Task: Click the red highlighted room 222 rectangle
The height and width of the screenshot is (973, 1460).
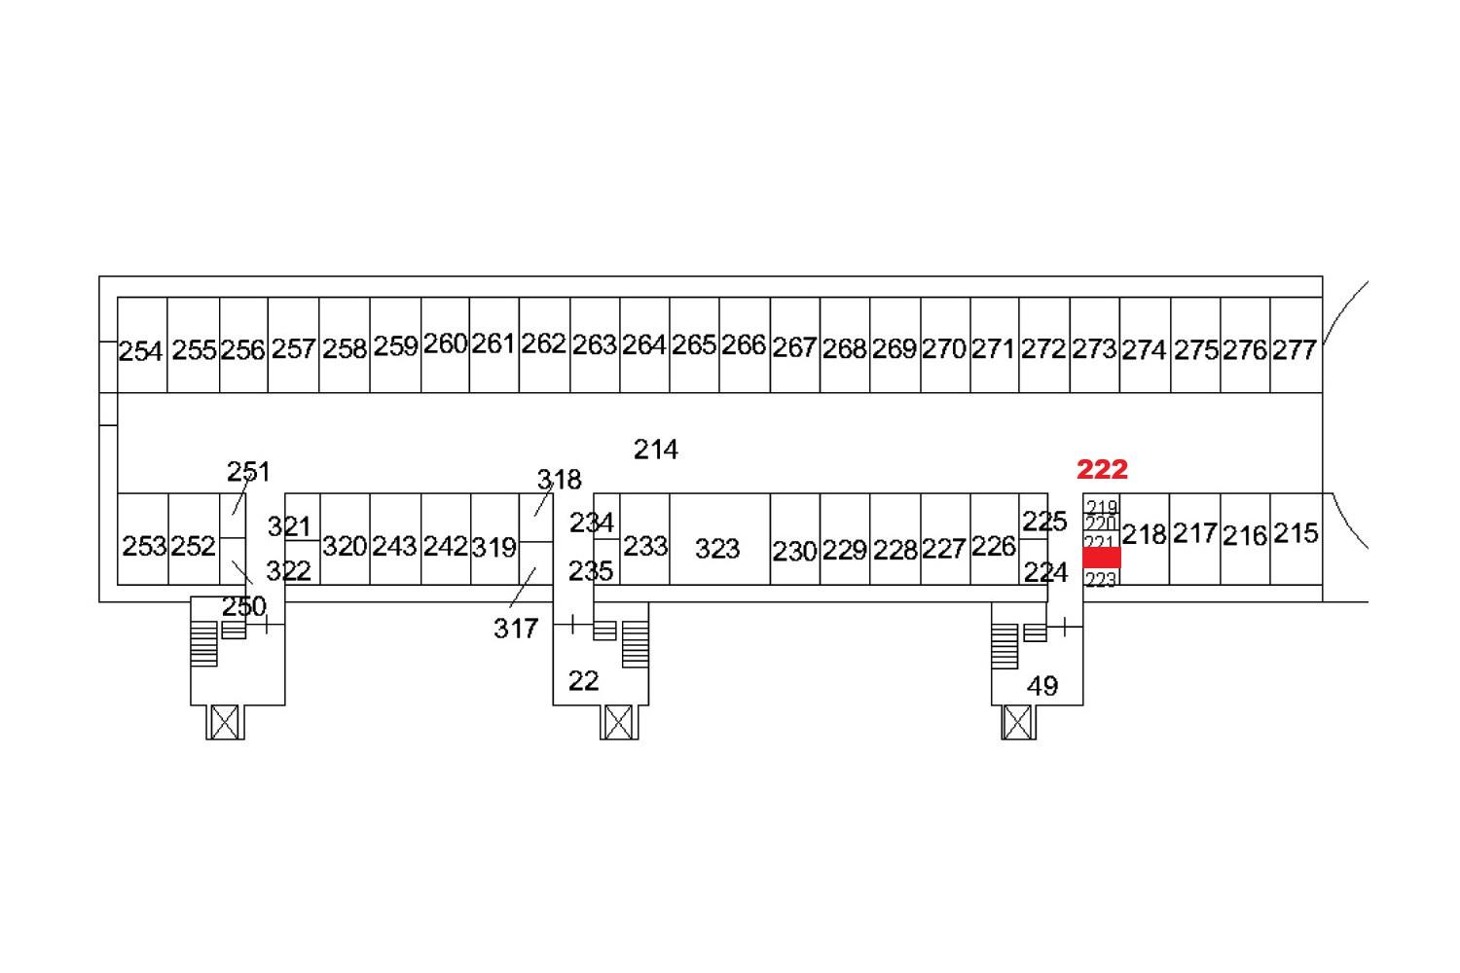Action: click(1102, 558)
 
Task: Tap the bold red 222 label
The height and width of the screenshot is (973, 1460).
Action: click(1102, 469)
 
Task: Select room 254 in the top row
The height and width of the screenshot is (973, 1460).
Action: click(142, 345)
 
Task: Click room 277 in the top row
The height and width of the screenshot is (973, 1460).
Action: click(1296, 345)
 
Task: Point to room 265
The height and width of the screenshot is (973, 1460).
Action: click(694, 345)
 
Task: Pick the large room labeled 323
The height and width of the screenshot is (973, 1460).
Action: click(719, 539)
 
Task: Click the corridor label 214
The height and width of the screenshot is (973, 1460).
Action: click(656, 450)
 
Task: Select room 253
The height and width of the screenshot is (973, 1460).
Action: click(143, 539)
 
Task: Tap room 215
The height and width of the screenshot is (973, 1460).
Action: click(1296, 539)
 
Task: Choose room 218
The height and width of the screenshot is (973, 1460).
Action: click(1146, 539)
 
